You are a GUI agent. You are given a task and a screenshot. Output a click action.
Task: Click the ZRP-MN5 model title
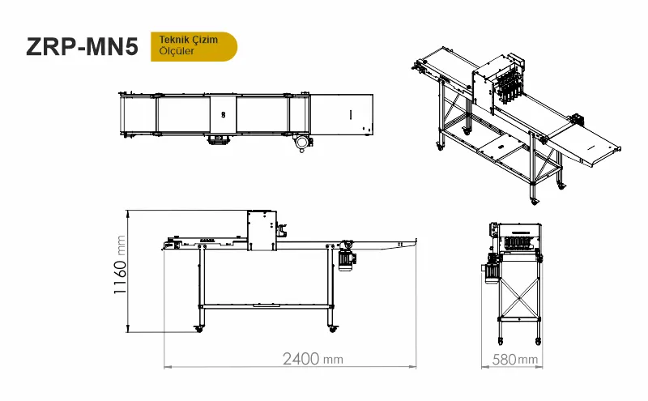pyautogui.click(x=82, y=46)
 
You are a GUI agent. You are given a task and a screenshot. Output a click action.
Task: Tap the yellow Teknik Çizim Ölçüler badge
pyautogui.click(x=194, y=46)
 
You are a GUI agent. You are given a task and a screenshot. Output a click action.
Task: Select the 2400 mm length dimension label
pyautogui.click(x=313, y=359)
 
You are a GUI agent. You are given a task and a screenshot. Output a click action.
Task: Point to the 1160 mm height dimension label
pyautogui.click(x=120, y=265)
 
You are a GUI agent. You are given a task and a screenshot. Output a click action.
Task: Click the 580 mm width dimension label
pyautogui.click(x=515, y=359)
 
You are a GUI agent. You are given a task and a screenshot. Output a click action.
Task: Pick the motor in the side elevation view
pyautogui.click(x=347, y=259)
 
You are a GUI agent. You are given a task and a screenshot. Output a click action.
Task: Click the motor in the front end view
pyautogui.click(x=491, y=270)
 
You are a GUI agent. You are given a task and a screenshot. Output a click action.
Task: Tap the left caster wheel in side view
pyautogui.click(x=199, y=329)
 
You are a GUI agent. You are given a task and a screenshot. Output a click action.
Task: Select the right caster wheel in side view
pyautogui.click(x=332, y=329)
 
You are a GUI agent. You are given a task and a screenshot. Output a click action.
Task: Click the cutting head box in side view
pyautogui.click(x=262, y=230)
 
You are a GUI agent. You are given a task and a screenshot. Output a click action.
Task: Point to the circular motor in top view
pyautogui.click(x=302, y=143)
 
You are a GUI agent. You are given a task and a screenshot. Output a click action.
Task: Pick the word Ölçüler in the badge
pyautogui.click(x=177, y=51)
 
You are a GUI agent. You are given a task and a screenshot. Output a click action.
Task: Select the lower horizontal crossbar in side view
pyautogui.click(x=266, y=306)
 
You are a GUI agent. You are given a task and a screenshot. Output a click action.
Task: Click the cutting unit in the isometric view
pyautogui.click(x=498, y=83)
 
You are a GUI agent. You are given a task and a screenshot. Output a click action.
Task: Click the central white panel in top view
pyautogui.click(x=224, y=115)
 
